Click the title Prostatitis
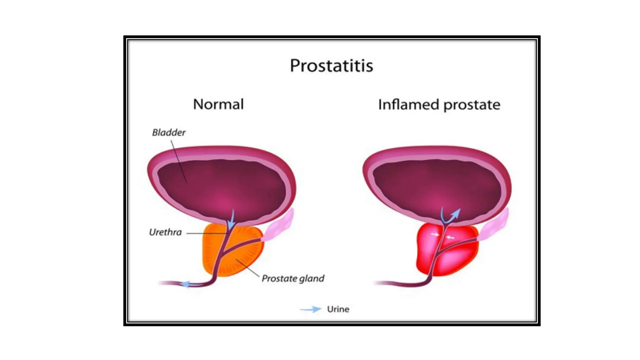[331, 66]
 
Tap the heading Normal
[218, 104]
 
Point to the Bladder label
[169, 132]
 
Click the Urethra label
[165, 232]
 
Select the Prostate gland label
[293, 278]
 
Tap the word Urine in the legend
[338, 309]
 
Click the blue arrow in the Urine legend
[311, 309]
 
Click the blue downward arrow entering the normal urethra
[231, 221]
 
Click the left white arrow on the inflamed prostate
[435, 234]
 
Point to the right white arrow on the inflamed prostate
[450, 237]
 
